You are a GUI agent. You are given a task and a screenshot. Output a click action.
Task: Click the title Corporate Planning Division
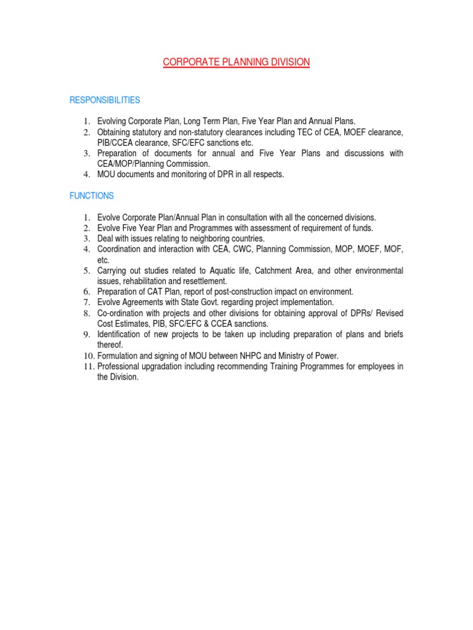point(236,62)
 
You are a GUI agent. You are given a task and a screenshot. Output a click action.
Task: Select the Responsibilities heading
point(105,100)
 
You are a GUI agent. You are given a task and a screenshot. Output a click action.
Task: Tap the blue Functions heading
point(91,196)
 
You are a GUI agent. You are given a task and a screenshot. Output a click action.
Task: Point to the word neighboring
point(200,238)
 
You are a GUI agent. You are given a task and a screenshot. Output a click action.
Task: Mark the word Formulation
point(120,356)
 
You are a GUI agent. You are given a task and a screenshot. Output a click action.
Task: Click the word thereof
point(110,345)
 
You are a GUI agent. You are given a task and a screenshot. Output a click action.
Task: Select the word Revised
point(389,313)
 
